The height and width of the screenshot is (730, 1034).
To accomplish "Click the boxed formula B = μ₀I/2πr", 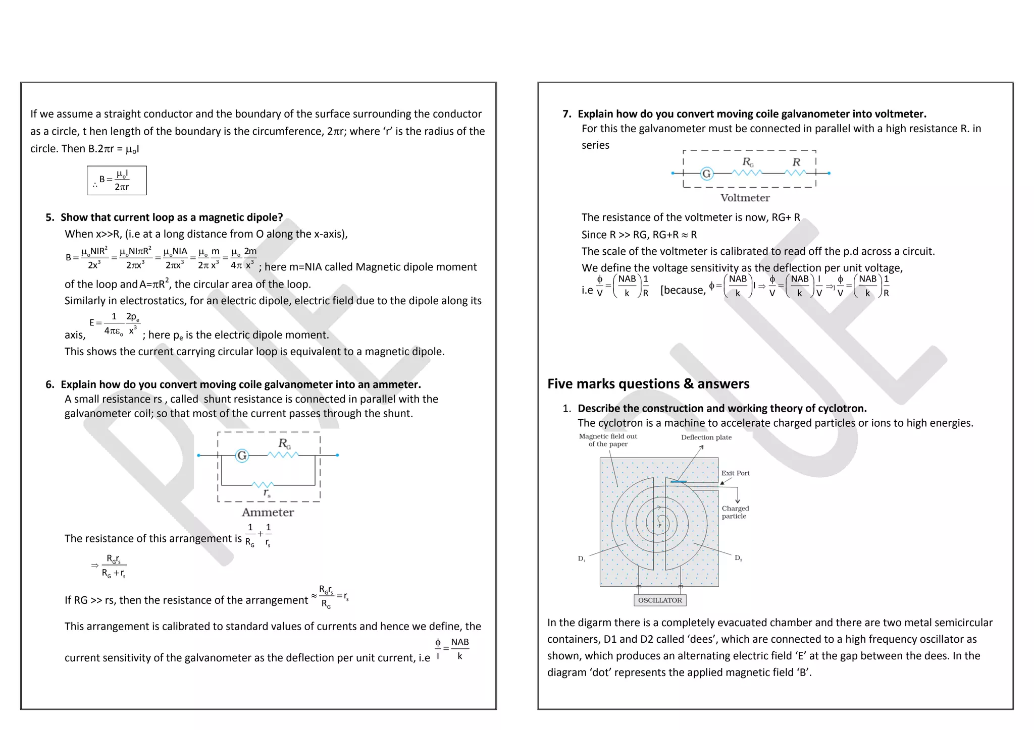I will point(117,180).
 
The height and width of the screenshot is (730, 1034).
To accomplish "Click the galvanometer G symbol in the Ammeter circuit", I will point(242,456).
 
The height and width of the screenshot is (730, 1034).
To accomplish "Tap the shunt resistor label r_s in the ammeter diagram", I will point(267,493).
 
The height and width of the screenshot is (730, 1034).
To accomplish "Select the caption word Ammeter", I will point(268,513).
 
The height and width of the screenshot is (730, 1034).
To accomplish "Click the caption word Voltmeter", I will point(745,198).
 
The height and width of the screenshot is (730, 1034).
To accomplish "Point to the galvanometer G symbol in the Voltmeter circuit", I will point(706,174).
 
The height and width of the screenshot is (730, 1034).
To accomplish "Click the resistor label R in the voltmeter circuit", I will point(796,162).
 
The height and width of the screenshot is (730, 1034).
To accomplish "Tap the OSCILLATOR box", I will point(660,600).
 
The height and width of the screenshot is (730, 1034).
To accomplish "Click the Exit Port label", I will point(735,473).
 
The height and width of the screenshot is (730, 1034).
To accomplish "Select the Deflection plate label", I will point(706,437).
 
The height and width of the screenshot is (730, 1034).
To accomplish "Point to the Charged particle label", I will point(735,512).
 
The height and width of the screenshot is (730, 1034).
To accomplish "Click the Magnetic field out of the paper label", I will point(608,440).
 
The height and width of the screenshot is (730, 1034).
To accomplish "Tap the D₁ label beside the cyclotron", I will point(582,558).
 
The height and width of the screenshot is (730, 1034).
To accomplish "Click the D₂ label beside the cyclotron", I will point(738,558).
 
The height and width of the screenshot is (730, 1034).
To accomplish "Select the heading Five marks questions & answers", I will point(648,384).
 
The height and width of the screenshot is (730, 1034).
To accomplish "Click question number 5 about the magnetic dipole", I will point(49,217).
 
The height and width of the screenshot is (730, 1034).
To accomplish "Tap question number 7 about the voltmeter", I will point(566,114).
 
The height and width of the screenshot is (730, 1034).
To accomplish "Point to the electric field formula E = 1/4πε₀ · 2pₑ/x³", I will point(115,323).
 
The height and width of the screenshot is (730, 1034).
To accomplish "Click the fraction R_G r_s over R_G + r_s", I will point(114,566).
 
